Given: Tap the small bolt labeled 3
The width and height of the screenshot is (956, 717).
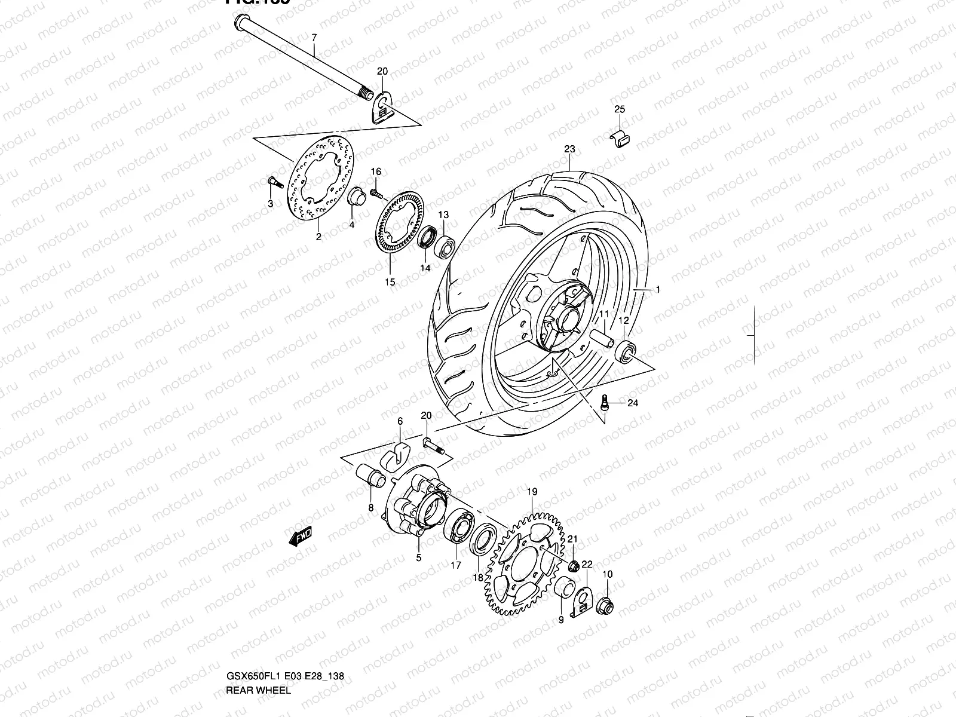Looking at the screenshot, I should (272, 181).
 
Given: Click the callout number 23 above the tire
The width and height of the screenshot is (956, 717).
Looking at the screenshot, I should (569, 149).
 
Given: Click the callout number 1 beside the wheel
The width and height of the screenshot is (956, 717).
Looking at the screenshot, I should (657, 290).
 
